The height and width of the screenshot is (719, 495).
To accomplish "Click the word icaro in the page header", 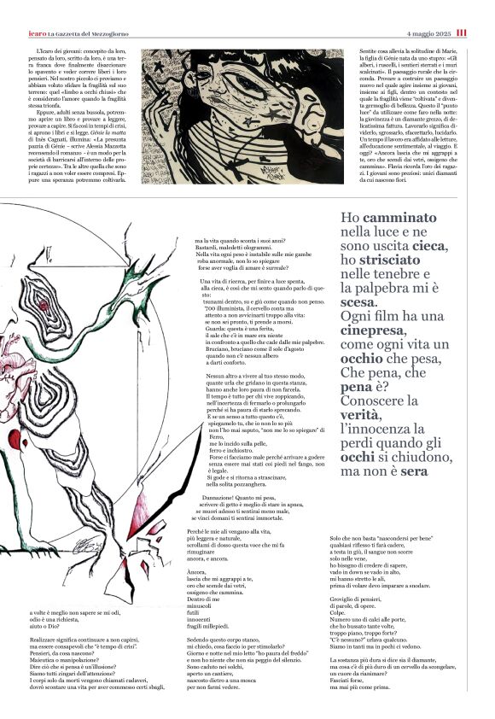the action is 37,32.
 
